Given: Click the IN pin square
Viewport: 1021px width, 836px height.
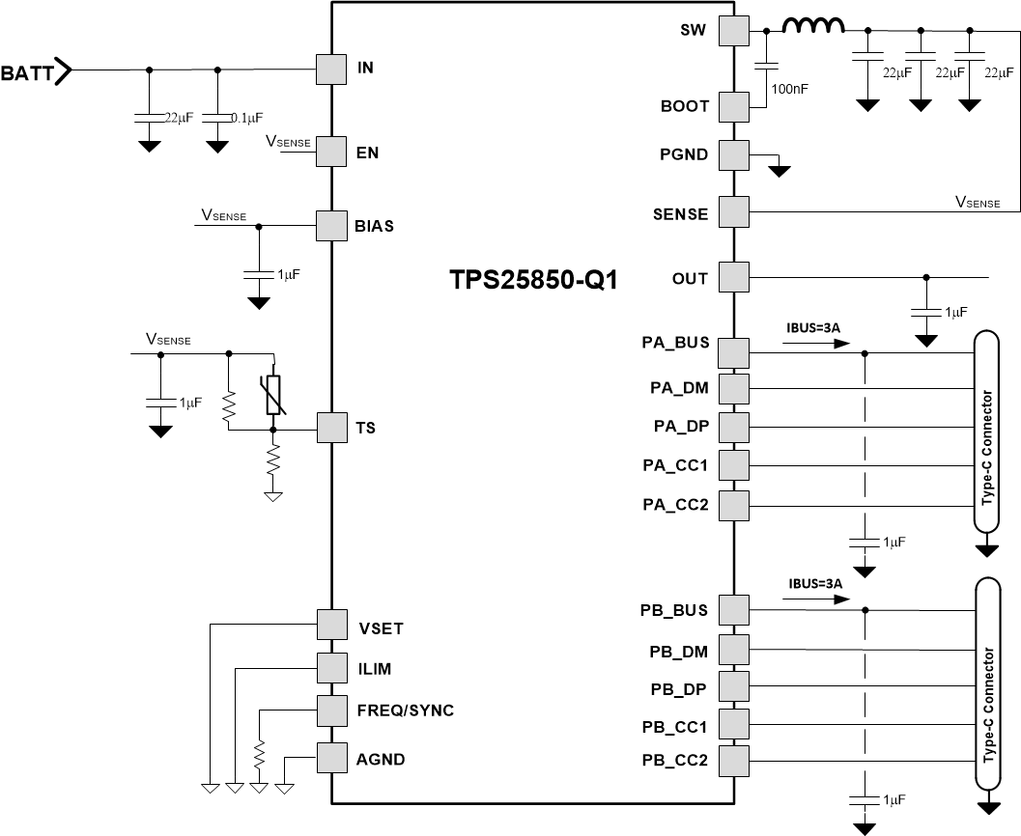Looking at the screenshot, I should (x=331, y=69).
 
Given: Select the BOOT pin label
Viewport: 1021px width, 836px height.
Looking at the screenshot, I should (x=686, y=106).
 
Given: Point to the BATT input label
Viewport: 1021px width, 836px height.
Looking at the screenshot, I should (x=28, y=71).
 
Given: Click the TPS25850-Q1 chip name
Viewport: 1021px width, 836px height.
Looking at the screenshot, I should (x=532, y=280).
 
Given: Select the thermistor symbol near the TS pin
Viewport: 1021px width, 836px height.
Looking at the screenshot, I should (x=274, y=396).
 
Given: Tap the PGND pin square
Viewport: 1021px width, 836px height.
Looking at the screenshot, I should (x=734, y=153).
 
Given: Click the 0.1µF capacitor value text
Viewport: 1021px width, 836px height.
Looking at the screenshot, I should (x=246, y=118).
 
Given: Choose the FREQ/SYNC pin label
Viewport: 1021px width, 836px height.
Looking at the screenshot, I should (x=406, y=711).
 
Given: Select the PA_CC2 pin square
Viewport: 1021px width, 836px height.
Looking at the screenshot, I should (x=734, y=504).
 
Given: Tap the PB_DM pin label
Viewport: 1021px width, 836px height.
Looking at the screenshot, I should (x=680, y=652).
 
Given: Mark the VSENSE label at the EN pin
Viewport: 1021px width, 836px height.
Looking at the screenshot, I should (x=288, y=142).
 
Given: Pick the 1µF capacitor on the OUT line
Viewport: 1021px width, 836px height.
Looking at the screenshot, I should (x=926, y=313).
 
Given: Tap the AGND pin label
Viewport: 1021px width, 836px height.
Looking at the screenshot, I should (x=382, y=759).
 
